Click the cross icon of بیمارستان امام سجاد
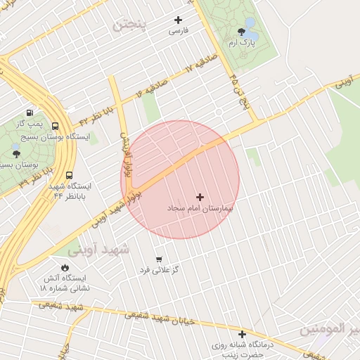click(200, 197)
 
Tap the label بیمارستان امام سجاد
click(200, 209)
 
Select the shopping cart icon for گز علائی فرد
click(158, 259)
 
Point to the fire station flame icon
click(65, 268)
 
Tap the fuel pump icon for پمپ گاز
click(30, 112)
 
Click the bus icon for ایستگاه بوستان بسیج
click(55, 127)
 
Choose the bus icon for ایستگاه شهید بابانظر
click(69, 175)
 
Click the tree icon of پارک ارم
click(242, 32)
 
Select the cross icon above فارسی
click(178, 20)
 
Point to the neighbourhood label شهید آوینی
click(99, 249)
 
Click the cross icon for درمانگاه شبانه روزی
click(243, 335)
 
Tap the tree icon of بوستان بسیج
click(16, 153)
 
